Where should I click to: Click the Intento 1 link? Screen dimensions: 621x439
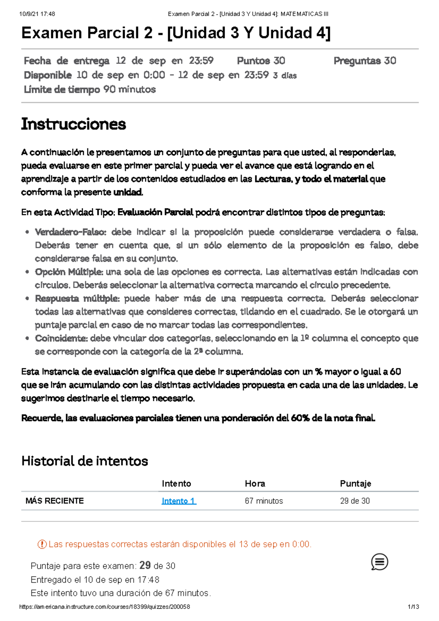tap(179, 501)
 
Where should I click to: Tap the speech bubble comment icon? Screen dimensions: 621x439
tap(379, 562)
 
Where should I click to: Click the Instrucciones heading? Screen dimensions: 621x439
tap(74, 124)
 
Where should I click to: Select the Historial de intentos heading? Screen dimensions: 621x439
tap(85, 461)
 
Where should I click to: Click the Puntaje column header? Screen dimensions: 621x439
tap(355, 483)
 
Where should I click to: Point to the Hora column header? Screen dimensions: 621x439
tap(255, 483)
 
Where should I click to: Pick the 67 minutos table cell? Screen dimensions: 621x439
tap(264, 501)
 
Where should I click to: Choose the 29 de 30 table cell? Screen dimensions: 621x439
tap(354, 501)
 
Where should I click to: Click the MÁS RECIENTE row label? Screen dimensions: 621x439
tap(55, 501)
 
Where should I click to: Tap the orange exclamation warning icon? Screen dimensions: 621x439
tap(42, 544)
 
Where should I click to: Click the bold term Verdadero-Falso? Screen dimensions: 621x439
tap(71, 232)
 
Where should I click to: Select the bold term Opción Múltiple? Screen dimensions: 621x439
tap(69, 272)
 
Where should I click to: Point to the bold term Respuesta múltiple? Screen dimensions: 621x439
tap(77, 298)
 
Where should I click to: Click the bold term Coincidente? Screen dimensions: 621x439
tap(61, 338)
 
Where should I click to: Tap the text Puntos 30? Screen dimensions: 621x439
tap(261, 61)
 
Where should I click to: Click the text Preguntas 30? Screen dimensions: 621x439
tap(364, 61)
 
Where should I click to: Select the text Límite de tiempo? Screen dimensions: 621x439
tap(62, 89)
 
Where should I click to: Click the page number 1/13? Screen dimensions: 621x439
tap(413, 607)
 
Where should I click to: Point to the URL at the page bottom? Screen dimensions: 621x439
tap(104, 607)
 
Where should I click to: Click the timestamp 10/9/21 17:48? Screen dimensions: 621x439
tap(37, 14)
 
